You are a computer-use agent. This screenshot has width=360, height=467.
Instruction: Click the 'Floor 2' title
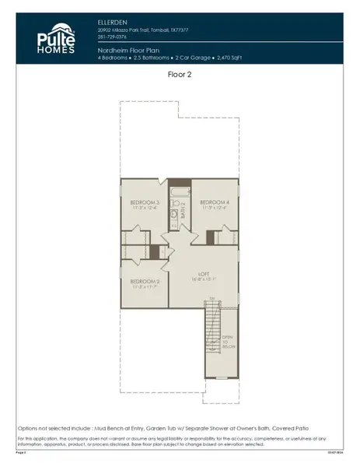click(x=180, y=75)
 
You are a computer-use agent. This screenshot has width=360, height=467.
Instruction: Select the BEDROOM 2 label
click(x=145, y=281)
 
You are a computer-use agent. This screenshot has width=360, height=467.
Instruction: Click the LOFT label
click(x=204, y=274)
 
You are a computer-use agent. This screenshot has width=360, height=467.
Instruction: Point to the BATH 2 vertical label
click(x=183, y=210)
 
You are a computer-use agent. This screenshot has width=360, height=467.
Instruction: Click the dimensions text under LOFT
click(x=204, y=279)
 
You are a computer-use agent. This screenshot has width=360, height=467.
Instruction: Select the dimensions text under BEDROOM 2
click(x=145, y=287)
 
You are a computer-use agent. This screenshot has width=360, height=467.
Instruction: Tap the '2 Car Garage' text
click(x=206, y=57)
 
